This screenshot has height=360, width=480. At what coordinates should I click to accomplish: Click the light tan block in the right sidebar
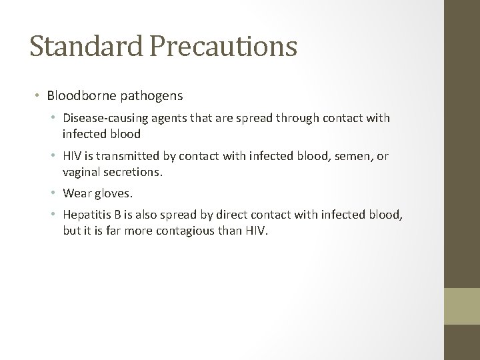click(462, 307)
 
